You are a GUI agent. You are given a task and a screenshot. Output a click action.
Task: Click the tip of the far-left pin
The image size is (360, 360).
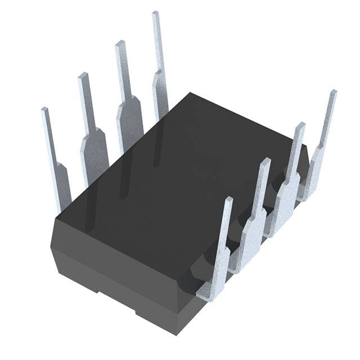pos(44,111)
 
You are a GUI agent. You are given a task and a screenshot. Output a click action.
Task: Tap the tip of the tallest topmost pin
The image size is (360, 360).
pos(156,14)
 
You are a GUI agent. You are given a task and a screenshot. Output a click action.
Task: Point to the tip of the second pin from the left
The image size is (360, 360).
pos(82,76)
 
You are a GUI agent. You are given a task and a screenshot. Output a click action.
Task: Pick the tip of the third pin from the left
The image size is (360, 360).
pos(119,44)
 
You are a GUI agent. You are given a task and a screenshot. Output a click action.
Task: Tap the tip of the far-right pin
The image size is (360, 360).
pos(334,92)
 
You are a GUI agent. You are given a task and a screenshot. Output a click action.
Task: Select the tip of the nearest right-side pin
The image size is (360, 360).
pos(228,200)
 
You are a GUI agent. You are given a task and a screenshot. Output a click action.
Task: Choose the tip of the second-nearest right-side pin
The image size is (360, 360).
pos(265,161)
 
